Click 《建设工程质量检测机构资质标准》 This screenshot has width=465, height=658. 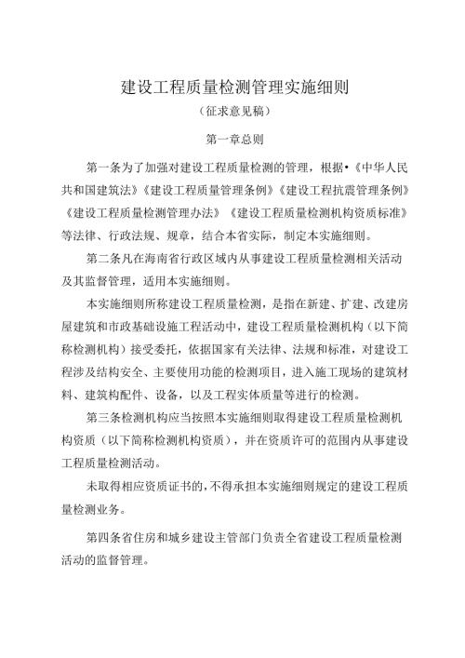click(317, 211)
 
